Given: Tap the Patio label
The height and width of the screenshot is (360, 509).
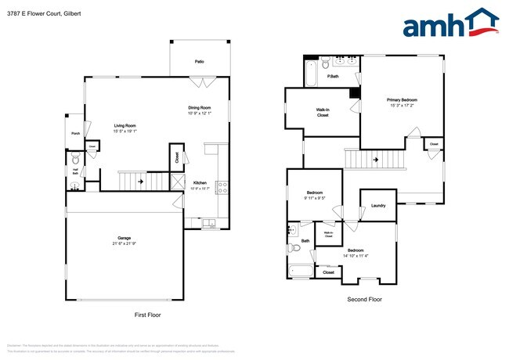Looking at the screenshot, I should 200,61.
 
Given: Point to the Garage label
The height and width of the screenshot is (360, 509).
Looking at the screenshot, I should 124,237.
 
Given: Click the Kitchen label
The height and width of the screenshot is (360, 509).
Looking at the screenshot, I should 200,182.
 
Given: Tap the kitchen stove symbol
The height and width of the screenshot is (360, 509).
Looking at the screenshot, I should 222,186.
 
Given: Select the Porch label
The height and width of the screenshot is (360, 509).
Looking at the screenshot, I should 75,133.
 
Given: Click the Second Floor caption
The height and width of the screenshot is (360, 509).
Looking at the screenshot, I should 364,299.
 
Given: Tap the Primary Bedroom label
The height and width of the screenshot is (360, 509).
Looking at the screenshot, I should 403,99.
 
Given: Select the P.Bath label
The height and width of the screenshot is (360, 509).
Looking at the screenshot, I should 333,77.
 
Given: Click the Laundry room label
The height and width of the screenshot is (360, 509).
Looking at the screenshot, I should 378,206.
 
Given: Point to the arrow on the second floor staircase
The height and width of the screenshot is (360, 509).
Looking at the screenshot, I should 375,160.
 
